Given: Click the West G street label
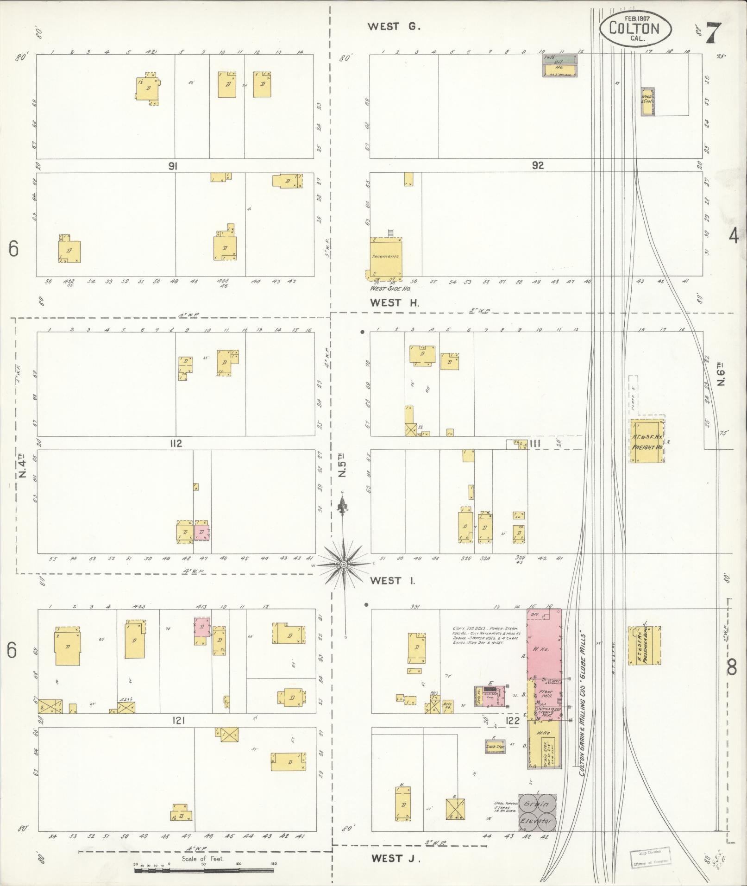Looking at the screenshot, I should (x=394, y=26).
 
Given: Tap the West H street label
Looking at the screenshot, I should (x=395, y=303).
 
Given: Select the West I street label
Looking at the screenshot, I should (x=392, y=581).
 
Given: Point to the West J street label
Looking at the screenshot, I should (x=395, y=859).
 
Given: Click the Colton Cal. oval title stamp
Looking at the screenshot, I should (x=635, y=28).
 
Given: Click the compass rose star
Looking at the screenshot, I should (x=344, y=565).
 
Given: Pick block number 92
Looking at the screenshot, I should (x=537, y=166).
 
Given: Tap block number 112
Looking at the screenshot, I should (x=176, y=443).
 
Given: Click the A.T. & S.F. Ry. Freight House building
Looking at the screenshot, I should (x=647, y=441).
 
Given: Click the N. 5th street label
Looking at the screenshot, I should (x=343, y=465).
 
